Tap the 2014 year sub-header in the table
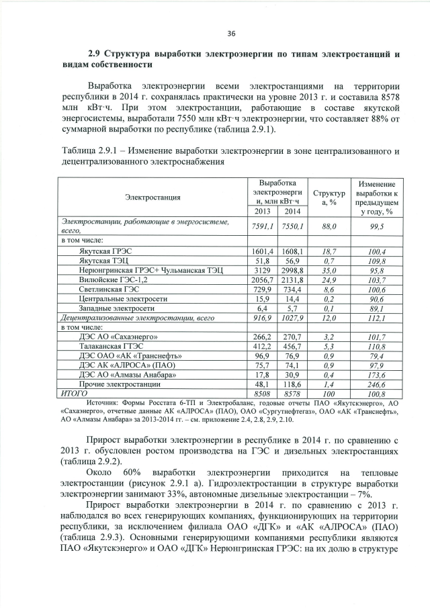293,212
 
